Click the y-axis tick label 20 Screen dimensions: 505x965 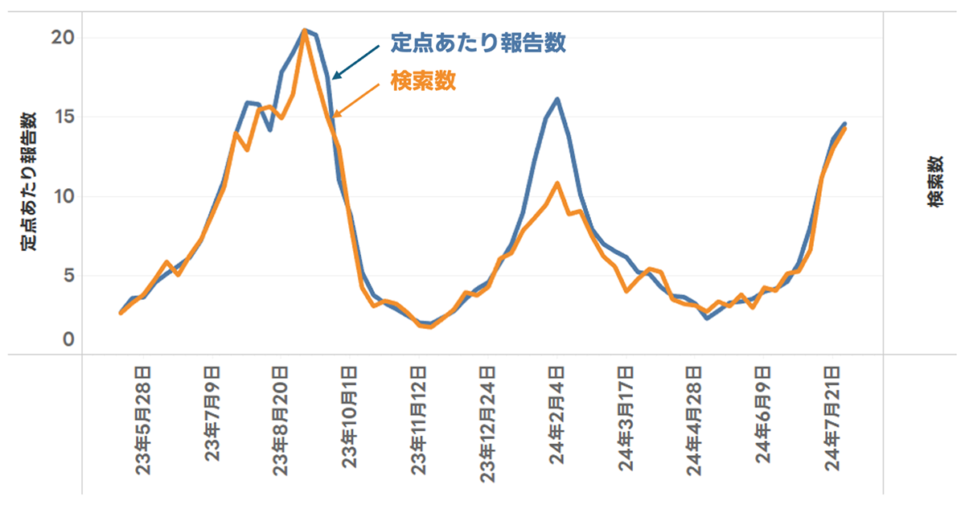point(64,37)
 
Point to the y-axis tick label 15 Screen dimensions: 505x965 point(64,117)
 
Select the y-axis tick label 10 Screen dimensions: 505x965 point(64,196)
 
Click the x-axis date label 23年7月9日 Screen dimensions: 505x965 point(212,415)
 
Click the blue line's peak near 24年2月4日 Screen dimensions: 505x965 point(557,99)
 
